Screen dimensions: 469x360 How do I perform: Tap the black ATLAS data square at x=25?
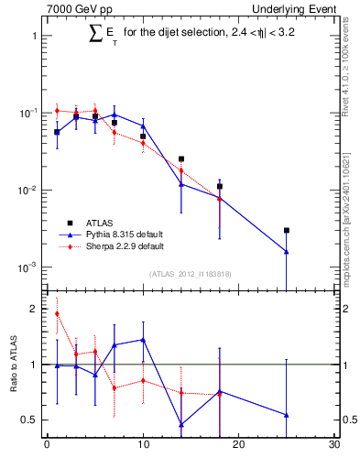[287, 231]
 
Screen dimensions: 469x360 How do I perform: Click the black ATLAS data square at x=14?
[181, 159]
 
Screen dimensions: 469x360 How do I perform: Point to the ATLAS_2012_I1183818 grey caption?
[191, 274]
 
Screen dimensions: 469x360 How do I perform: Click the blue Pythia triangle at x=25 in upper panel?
[287, 252]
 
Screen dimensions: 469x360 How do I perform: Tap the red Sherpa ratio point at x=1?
[57, 313]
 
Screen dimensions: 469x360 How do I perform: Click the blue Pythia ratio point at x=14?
[181, 424]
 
